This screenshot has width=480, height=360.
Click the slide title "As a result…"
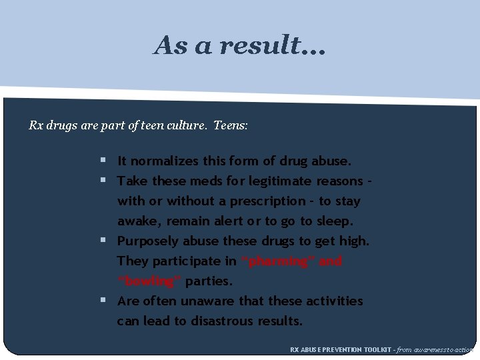point(239,45)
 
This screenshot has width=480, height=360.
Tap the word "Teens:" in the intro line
point(231,125)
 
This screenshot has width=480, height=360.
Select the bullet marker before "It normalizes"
point(103,161)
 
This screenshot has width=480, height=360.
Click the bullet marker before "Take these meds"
point(103,181)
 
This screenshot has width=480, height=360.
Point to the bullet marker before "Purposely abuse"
point(103,241)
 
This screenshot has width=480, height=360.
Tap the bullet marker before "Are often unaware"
point(103,301)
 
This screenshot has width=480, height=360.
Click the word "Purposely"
point(147,241)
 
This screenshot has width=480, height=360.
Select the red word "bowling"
point(149,281)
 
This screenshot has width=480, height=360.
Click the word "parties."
point(209,281)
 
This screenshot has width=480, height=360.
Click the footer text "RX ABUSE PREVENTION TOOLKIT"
point(339,349)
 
